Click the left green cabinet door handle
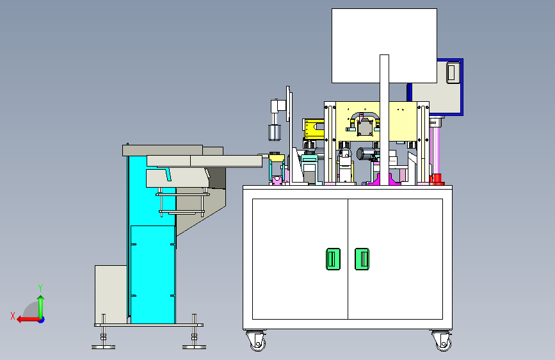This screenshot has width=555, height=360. click(333, 259)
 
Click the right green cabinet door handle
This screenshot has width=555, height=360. click(362, 259)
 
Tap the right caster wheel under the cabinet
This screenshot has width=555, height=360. click(442, 341)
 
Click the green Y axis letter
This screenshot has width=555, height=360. click(40, 288)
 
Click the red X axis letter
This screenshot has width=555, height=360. click(13, 316)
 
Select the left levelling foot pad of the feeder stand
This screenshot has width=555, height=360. click(103, 347)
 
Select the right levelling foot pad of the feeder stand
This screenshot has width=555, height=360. click(195, 347)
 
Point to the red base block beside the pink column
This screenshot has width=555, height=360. click(437, 179)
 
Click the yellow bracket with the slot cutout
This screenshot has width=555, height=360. click(313, 129)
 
